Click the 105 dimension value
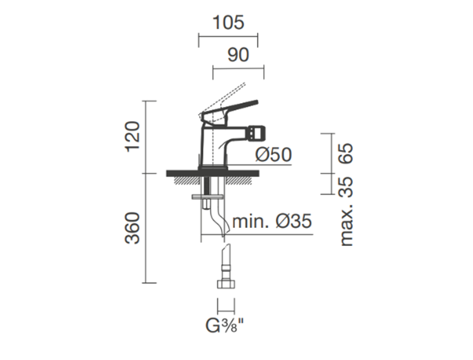click(x=228, y=23)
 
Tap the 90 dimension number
click(x=239, y=55)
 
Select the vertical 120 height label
click(x=133, y=137)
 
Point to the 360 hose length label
click(x=133, y=229)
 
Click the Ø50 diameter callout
click(x=273, y=155)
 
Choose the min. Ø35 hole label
click(x=272, y=221)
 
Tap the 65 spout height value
click(x=346, y=154)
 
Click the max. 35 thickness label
click(x=346, y=211)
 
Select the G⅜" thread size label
click(x=224, y=326)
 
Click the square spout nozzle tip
click(x=257, y=132)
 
